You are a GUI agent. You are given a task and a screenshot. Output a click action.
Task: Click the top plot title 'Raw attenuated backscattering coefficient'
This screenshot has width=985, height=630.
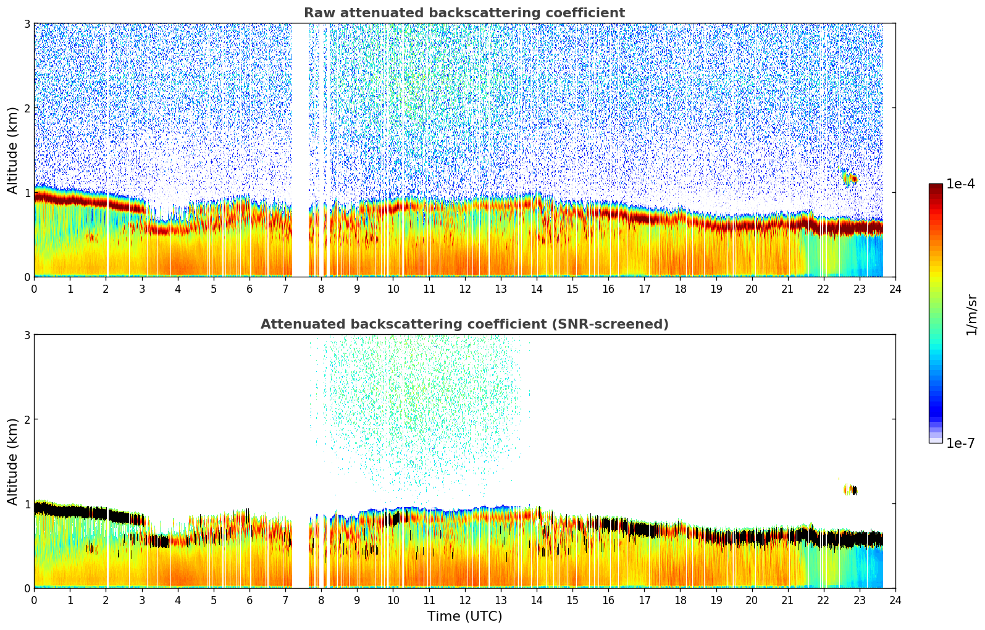[464, 13]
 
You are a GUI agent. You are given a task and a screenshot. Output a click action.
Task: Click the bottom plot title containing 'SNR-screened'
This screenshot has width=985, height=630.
[464, 324]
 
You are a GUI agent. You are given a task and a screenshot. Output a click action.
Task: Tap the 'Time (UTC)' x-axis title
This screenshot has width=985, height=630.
[464, 616]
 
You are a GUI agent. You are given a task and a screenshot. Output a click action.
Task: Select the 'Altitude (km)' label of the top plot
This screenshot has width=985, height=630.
[13, 150]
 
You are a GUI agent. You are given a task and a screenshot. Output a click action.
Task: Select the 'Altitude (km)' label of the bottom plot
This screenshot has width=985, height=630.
[13, 461]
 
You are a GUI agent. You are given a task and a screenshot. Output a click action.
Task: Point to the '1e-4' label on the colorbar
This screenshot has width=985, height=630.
[960, 184]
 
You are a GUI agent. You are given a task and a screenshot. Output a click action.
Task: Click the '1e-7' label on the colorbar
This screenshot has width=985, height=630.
[960, 443]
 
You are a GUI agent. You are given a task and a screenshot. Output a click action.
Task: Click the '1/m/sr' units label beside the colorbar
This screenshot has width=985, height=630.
[971, 314]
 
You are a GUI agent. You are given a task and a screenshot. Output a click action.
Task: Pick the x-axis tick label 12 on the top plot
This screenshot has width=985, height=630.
[464, 288]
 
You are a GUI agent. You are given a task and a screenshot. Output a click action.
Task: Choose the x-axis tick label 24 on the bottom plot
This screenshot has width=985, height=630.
[895, 600]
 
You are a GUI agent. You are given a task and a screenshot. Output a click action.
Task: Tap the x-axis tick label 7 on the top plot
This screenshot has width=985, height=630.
[285, 288]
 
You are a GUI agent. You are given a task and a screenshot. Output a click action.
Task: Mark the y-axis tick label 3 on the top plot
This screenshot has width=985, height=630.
[27, 23]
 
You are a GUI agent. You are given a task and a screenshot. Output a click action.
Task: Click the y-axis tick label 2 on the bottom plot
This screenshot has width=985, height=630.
[27, 419]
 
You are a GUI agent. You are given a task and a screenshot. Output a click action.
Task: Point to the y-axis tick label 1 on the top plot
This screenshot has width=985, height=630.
[27, 193]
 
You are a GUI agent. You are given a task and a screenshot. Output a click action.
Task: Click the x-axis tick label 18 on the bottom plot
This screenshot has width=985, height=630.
[680, 600]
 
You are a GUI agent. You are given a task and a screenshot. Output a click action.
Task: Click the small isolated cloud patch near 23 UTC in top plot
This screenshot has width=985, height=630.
[850, 178]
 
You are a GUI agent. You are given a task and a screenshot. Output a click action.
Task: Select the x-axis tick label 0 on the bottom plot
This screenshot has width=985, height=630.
[34, 600]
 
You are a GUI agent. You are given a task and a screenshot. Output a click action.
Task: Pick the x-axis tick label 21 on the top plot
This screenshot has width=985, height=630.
[787, 288]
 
